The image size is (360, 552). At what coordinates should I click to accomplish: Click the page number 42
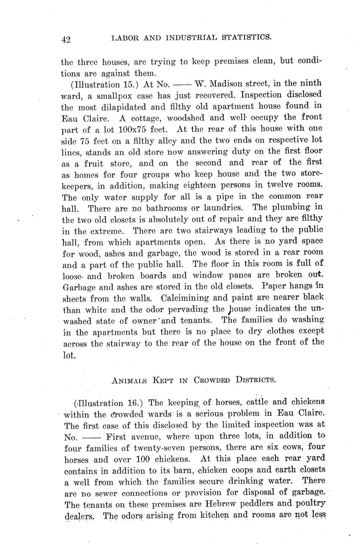pyautogui.click(x=66, y=39)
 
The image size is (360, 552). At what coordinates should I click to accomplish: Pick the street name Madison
pyautogui.click(x=232, y=84)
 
